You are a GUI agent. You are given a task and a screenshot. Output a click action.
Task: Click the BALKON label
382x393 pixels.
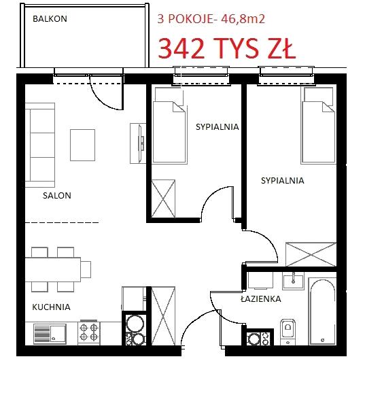[x=50, y=19]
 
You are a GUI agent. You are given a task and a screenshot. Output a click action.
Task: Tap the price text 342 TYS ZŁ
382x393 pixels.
[x=227, y=49]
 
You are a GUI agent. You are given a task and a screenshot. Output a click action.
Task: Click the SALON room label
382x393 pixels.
[x=57, y=196]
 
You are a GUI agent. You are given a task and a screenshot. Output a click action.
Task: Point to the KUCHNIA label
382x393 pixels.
[x=51, y=307]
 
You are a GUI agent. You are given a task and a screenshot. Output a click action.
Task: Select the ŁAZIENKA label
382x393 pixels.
[x=261, y=298]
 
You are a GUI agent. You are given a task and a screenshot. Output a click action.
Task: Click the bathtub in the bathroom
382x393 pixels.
[x=322, y=311]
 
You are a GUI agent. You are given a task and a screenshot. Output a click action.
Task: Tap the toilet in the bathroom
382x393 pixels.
[x=288, y=332]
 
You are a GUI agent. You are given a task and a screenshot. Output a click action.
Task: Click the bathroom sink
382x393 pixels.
[x=293, y=281]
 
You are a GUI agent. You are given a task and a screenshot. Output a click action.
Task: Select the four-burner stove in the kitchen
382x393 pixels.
[x=88, y=333]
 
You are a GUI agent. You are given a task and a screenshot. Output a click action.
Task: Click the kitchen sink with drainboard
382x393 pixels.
[x=50, y=334]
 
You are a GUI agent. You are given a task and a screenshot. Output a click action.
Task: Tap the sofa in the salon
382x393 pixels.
[x=40, y=145]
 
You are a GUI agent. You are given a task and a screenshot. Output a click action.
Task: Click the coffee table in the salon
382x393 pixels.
[x=82, y=145]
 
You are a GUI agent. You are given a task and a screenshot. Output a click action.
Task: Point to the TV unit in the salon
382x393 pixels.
[x=138, y=143]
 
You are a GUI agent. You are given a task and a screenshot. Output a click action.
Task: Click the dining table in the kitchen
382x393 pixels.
[x=53, y=269]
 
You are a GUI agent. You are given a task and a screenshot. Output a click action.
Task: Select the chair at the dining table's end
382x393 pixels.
[x=86, y=269]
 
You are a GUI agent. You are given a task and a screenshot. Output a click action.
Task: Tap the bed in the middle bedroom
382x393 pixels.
[x=170, y=126]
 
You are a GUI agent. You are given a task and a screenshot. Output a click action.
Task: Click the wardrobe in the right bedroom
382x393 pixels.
[x=311, y=254]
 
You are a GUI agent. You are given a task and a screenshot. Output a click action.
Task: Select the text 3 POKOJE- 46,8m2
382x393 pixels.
[x=211, y=19]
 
